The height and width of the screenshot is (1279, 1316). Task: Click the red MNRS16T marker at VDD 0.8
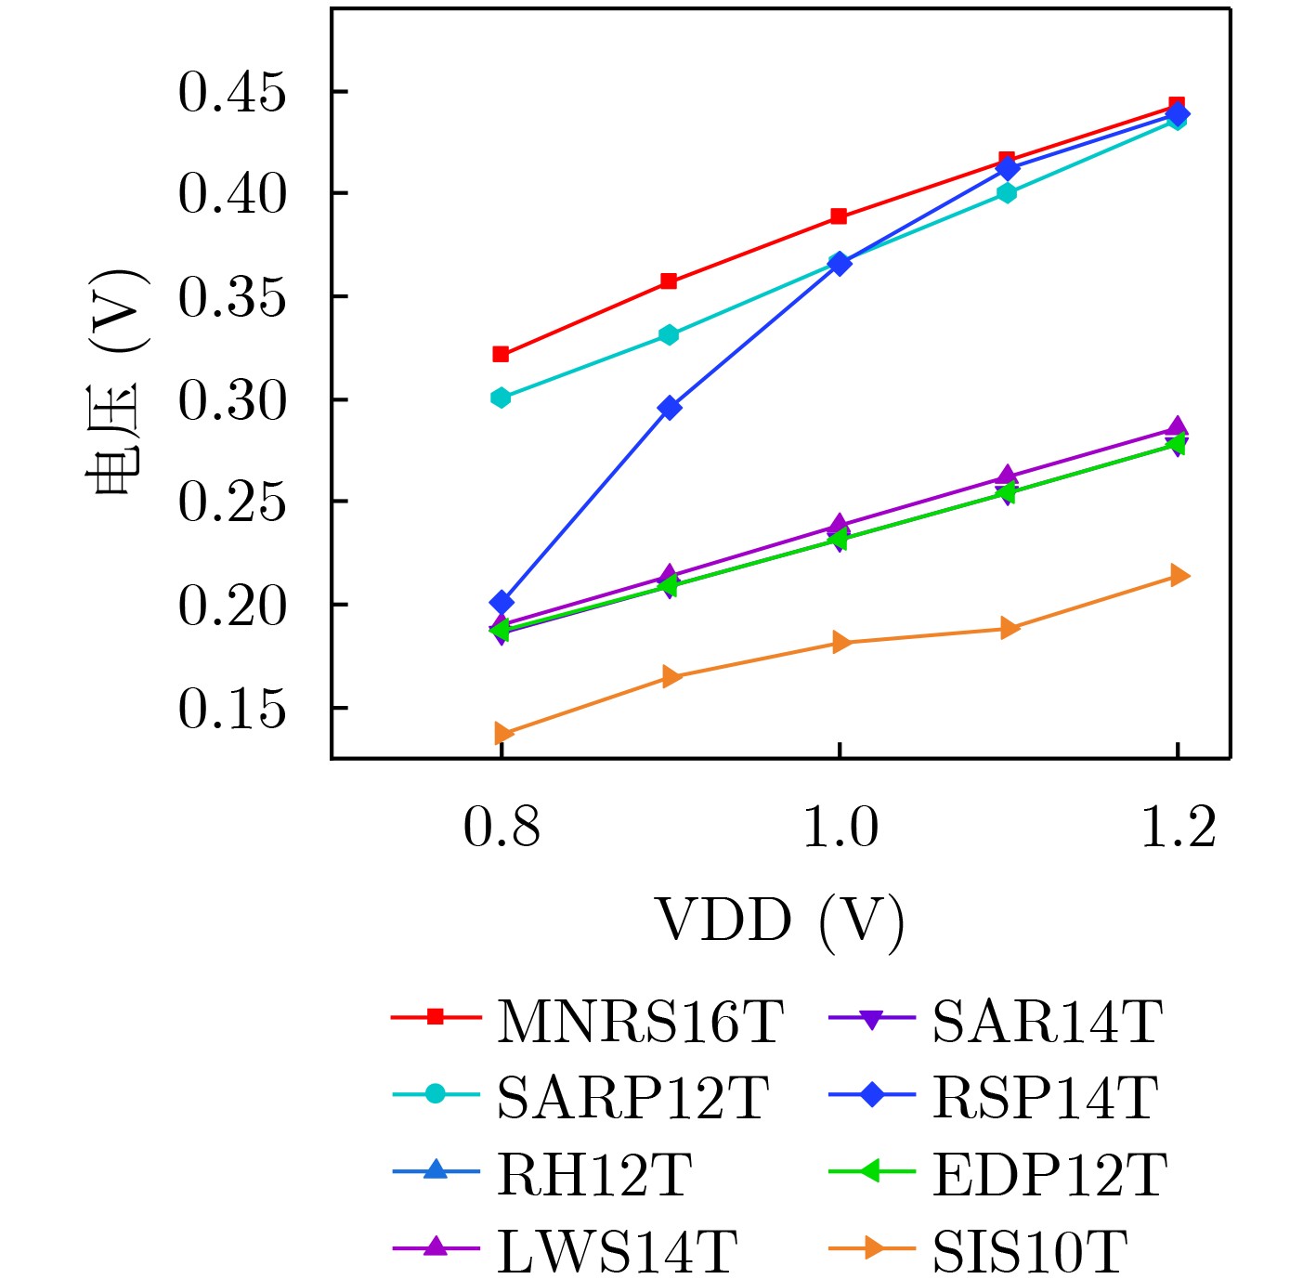tap(501, 354)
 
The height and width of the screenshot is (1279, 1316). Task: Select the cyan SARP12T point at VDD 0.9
tap(669, 334)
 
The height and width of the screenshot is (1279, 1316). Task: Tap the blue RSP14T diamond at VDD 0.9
tap(670, 408)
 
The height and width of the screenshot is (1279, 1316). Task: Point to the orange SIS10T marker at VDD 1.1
tap(1009, 629)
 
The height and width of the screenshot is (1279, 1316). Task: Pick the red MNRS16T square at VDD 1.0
tap(839, 216)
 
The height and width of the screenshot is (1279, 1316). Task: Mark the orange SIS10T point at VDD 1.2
tap(1179, 576)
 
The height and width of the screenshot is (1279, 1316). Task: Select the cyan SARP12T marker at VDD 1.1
tap(1007, 193)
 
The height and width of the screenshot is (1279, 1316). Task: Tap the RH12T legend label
tap(594, 1174)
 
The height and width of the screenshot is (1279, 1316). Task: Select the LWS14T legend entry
tap(617, 1251)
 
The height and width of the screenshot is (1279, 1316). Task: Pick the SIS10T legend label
tap(1030, 1251)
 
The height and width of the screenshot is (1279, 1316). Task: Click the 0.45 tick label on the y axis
tap(232, 93)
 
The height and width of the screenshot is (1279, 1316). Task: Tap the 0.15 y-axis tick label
tap(232, 709)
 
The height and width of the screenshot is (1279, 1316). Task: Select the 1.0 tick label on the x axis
tap(840, 827)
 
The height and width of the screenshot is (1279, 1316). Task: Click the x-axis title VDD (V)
tap(780, 921)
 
